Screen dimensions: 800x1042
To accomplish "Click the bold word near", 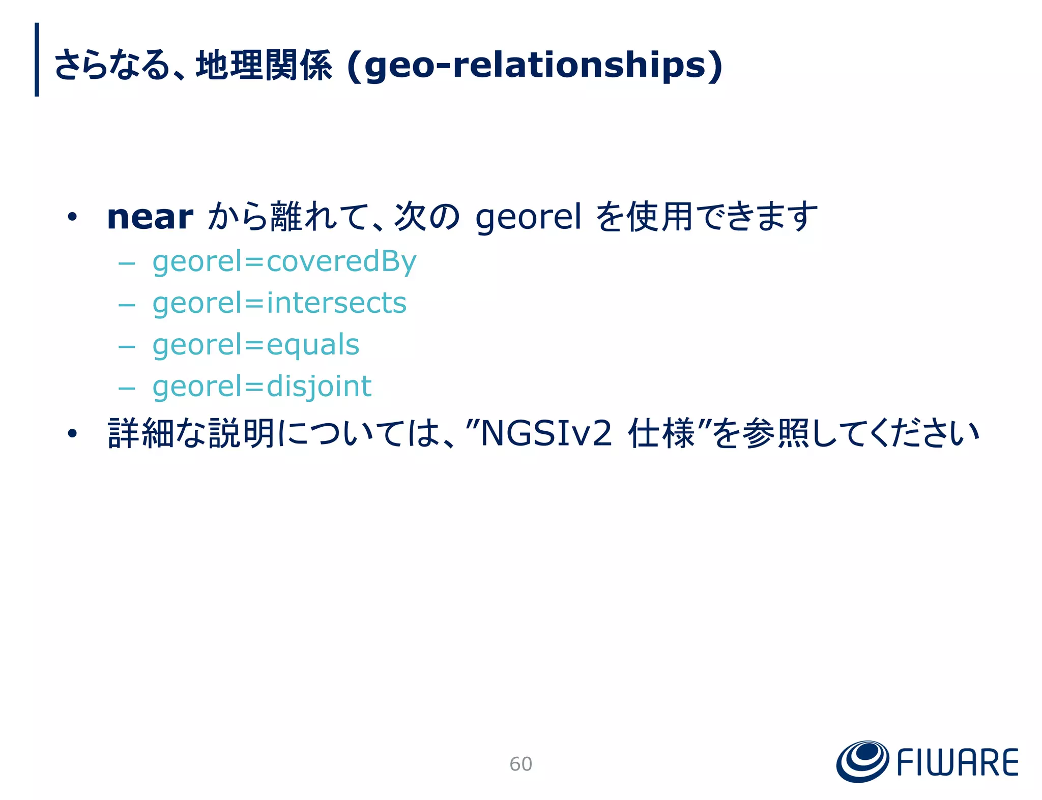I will [x=150, y=218].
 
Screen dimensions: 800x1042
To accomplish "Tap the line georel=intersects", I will [x=279, y=303].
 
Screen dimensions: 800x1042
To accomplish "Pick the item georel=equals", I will [x=256, y=345].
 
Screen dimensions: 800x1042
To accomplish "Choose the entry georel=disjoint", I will [x=262, y=387].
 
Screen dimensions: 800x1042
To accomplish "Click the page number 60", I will [x=520, y=764].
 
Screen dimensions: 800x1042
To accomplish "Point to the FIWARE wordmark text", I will [x=957, y=763].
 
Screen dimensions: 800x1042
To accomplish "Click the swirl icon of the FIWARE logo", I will [x=862, y=761].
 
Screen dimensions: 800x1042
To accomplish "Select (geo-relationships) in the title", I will [x=534, y=66].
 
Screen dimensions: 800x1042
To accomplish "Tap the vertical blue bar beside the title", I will [x=37, y=60].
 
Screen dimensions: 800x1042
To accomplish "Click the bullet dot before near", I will [x=72, y=218].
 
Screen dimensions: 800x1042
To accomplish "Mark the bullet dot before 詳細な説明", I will [x=72, y=434].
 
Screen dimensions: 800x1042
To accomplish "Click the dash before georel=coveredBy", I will [x=126, y=264].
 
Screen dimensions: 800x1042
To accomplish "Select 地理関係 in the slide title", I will [x=264, y=66].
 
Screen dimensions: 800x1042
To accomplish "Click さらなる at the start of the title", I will [x=111, y=66].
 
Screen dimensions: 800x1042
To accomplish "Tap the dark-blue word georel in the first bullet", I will [x=528, y=218].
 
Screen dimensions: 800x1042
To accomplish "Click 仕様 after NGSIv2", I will [x=661, y=434].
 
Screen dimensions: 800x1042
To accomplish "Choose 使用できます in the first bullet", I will [x=721, y=218].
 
